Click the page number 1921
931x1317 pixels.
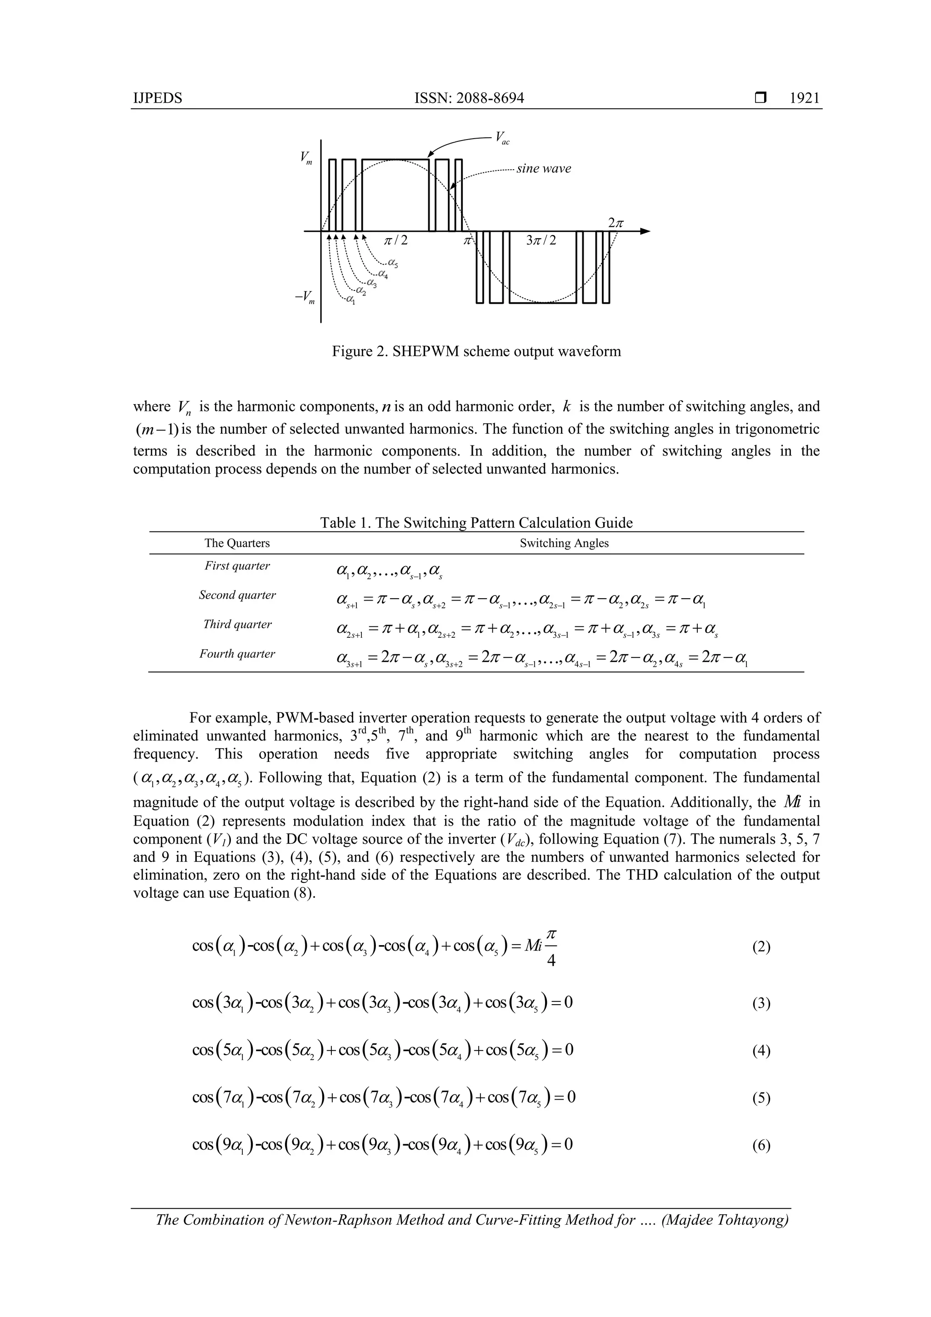[804, 98]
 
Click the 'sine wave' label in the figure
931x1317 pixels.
[543, 169]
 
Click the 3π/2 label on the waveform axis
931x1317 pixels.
[541, 240]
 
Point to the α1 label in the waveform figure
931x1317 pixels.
[350, 300]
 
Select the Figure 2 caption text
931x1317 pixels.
[476, 351]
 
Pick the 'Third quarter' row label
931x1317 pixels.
[237, 624]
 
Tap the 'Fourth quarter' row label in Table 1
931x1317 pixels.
[237, 653]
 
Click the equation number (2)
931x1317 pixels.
[761, 947]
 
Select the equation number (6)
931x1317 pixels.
[761, 1146]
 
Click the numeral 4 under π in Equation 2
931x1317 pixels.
[551, 961]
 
